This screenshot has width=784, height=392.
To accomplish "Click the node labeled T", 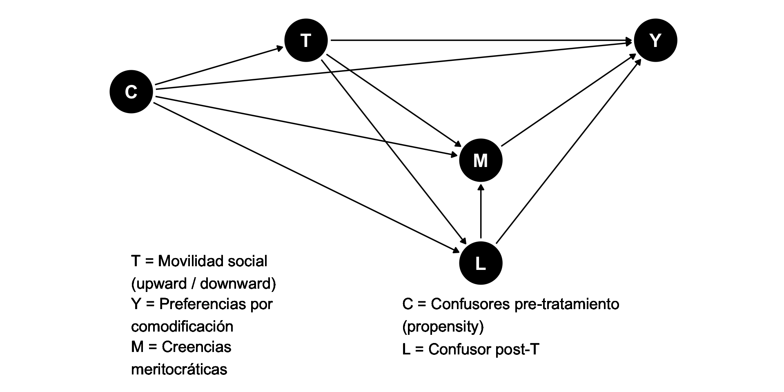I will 306,41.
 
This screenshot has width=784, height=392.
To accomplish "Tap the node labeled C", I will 131,91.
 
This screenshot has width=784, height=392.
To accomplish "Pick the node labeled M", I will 481,160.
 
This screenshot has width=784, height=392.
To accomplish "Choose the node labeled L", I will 481,263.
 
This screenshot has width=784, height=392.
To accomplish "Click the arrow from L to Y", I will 568,151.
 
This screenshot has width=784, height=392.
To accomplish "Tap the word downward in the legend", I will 238,283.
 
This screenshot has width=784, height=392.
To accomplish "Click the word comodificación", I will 182,326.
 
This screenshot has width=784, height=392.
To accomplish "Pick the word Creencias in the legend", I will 196,347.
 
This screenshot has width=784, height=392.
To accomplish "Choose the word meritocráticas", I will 179,369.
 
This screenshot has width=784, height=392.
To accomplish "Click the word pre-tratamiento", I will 567,304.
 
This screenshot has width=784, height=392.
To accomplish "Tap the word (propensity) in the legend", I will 443,326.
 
